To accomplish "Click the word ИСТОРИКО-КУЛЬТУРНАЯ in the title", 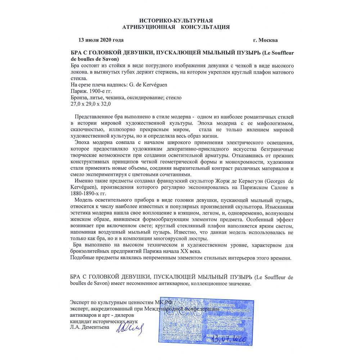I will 179,20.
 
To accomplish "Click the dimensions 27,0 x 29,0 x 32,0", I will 89,104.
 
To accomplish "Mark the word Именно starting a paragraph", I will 83,181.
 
